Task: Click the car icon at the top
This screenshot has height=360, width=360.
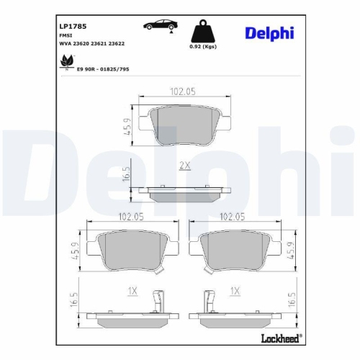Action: point(161,25)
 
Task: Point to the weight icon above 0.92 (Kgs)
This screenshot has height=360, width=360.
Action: point(201,32)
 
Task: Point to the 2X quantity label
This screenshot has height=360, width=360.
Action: point(184,165)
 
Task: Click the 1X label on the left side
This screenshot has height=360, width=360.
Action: point(132,291)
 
